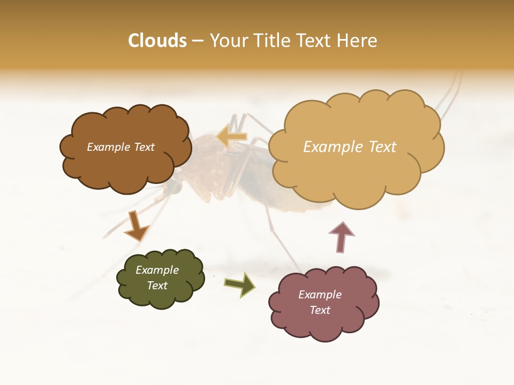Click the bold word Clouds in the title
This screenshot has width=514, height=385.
coord(157,41)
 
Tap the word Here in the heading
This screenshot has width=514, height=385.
coord(358,41)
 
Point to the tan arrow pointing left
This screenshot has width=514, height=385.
coord(232,137)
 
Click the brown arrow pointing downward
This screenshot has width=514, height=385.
coord(135,226)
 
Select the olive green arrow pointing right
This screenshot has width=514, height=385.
coord(240,284)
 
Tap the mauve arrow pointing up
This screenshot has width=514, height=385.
coord(342,237)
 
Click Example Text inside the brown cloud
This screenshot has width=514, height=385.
coord(120,147)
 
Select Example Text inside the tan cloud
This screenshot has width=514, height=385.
coord(350,147)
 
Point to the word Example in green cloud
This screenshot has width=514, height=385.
coord(157,270)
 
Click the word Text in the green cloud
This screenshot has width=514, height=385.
coord(157,286)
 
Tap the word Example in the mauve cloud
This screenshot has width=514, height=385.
coord(320,295)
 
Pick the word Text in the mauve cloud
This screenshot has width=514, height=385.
coord(320,310)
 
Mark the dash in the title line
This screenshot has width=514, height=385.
coord(198,41)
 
